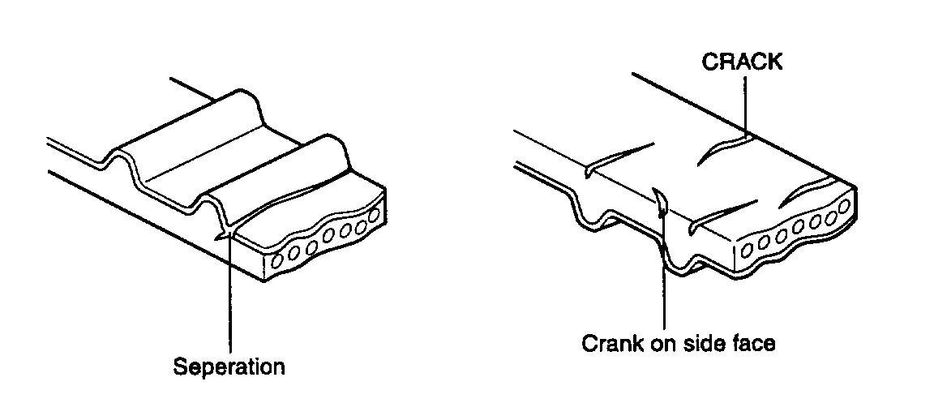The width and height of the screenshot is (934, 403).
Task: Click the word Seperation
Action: pos(229,367)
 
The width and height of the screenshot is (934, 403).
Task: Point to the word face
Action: pos(755,343)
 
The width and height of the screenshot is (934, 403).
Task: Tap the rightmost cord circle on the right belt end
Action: pos(844,206)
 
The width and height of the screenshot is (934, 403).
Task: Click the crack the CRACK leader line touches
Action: pos(726,147)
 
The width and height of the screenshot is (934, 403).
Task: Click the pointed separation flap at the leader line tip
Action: pos(221,238)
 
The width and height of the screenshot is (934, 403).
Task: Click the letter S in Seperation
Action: pos(180,367)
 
